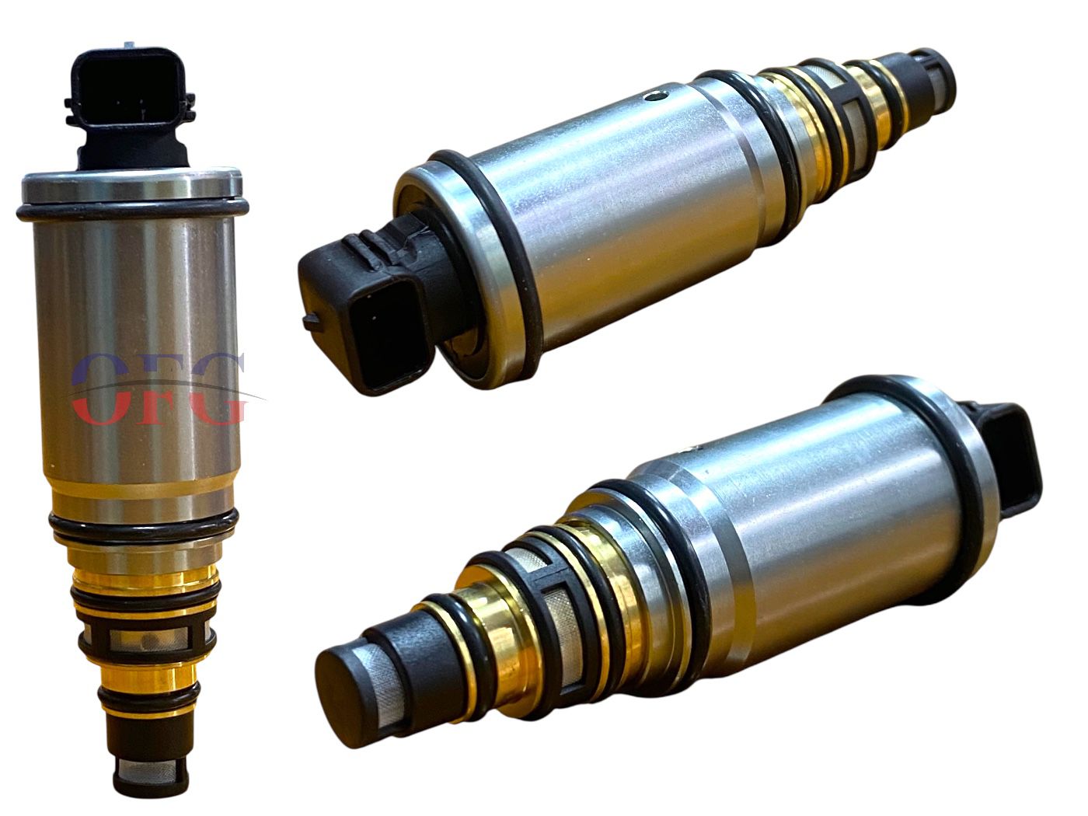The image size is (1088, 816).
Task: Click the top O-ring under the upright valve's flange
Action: pos(131,211)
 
